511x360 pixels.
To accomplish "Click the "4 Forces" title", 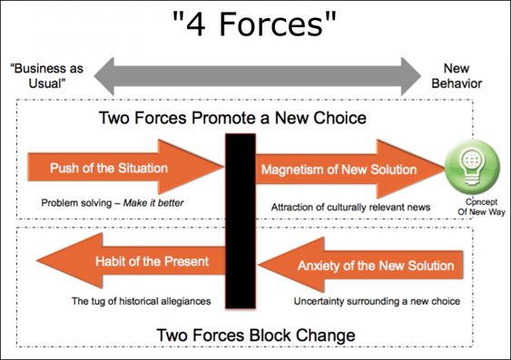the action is pos(254,24).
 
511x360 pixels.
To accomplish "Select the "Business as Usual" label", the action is pos(47,76).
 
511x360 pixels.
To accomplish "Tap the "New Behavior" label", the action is pos(457,76).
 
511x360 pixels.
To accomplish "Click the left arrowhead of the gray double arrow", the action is pos(104,76).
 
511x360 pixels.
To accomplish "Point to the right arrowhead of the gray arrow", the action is pos(411,76).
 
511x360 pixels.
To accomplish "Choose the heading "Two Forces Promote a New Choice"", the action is pos(232,118).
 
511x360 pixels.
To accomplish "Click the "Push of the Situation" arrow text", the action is pos(109,168).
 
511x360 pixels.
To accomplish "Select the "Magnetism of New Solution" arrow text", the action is pos(339,170).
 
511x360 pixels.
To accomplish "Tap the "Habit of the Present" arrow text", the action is pos(152,261).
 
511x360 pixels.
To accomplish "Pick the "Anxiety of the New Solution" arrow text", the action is pos(376,266).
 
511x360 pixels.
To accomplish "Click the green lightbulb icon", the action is pos(472,167).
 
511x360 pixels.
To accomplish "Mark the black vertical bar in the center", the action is pos(241,221).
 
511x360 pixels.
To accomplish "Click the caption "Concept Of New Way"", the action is pos(481,207).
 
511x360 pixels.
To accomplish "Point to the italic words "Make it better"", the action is pos(153,203).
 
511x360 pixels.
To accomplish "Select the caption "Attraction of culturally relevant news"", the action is pos(350,207).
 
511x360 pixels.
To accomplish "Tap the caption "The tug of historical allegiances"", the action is pos(141,301).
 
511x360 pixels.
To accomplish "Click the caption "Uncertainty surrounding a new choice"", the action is pos(377,301).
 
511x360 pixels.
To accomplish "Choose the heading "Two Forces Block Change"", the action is pos(256,336).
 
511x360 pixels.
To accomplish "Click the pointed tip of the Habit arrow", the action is pos(36,260).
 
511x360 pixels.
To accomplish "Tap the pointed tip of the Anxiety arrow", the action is pos(258,265).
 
